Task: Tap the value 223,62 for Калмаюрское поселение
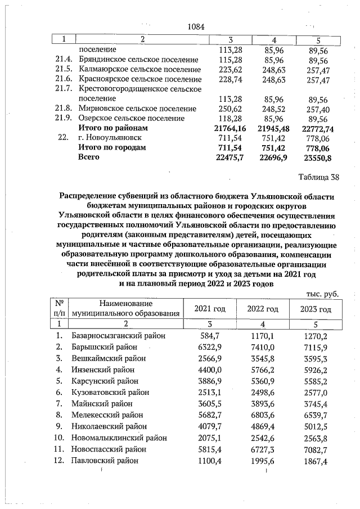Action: (x=230, y=70)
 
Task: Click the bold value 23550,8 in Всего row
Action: (x=318, y=157)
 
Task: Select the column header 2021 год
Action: (x=210, y=309)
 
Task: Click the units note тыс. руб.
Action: (x=323, y=294)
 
